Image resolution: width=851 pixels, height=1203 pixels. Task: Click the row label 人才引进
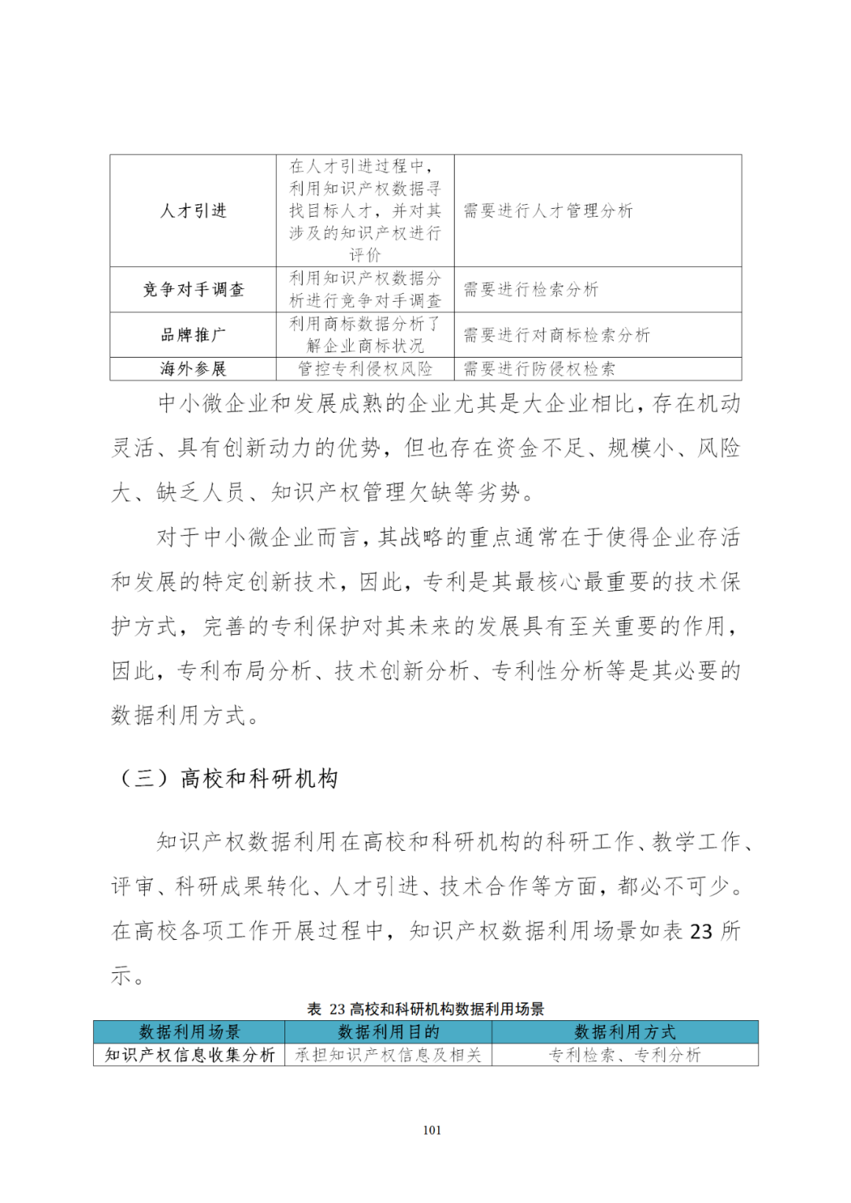[193, 211]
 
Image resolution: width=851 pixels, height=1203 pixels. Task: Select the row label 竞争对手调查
[193, 290]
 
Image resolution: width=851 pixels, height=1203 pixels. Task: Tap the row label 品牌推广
[193, 335]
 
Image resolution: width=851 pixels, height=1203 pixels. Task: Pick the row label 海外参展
[193, 369]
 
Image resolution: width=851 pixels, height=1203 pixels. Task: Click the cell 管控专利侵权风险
[365, 369]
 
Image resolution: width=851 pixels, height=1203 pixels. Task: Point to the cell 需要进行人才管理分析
[548, 211]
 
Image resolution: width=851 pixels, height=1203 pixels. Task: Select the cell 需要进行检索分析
[530, 290]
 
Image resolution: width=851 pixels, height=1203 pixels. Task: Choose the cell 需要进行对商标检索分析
[556, 335]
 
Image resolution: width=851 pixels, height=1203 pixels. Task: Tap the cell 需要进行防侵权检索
[539, 369]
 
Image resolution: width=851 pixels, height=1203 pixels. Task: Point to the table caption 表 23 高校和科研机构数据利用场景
[425, 1009]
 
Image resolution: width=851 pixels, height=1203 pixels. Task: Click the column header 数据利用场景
[189, 1032]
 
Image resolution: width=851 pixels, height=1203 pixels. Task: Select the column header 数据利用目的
[388, 1032]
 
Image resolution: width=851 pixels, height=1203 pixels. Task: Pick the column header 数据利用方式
[625, 1032]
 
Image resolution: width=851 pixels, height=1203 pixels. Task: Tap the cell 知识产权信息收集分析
[189, 1055]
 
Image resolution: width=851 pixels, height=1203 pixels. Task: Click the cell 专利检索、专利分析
[625, 1055]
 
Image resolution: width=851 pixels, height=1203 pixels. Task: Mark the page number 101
[432, 1130]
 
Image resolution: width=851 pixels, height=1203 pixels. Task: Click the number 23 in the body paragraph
[700, 932]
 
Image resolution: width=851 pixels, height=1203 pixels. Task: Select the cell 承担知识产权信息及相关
[388, 1055]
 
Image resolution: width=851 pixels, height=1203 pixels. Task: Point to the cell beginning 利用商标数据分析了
[365, 335]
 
